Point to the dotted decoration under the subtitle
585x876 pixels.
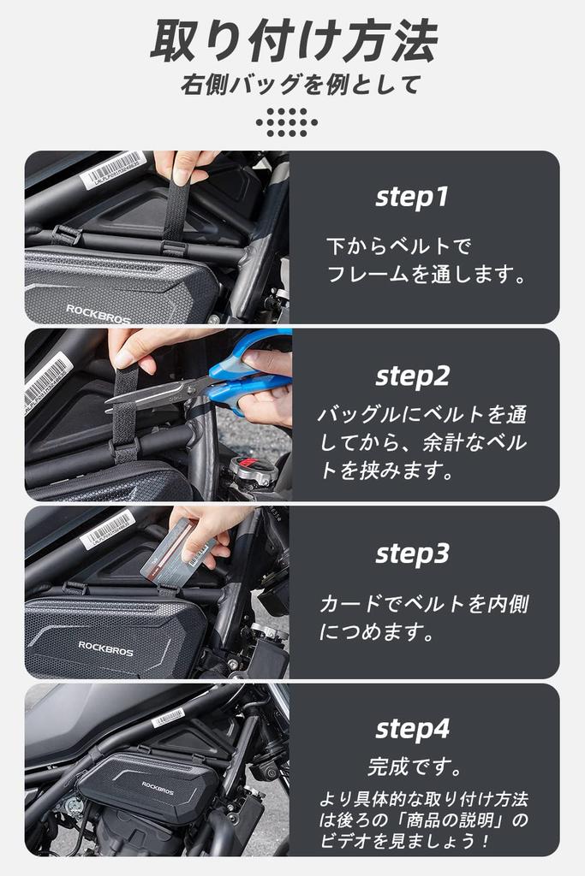pyautogui.click(x=287, y=122)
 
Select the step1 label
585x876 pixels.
pyautogui.click(x=412, y=197)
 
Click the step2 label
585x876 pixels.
pyautogui.click(x=412, y=376)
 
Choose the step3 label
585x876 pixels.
pyautogui.click(x=412, y=553)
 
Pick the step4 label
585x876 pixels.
pyautogui.click(x=412, y=729)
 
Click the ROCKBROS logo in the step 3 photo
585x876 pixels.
pyautogui.click(x=105, y=648)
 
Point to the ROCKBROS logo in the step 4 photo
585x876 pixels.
pyautogui.click(x=157, y=788)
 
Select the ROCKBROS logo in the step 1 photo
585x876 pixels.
pyautogui.click(x=98, y=314)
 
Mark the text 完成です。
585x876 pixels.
pyautogui.click(x=415, y=766)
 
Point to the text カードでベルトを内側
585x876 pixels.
pyautogui.click(x=424, y=603)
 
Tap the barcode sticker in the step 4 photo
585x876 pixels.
pyautogui.click(x=168, y=718)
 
